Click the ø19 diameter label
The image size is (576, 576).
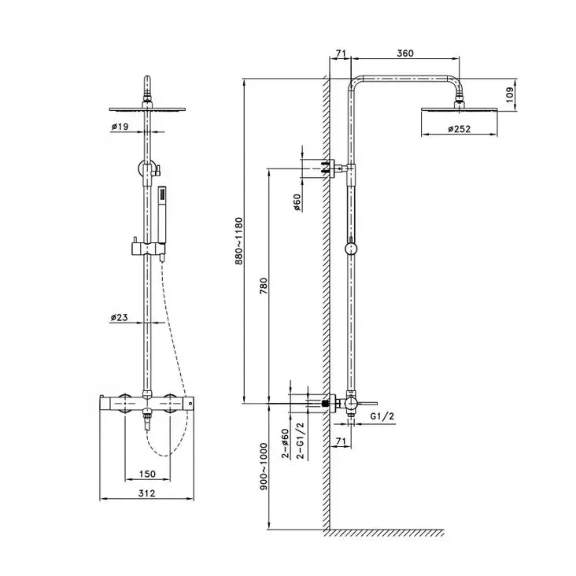click(x=120, y=126)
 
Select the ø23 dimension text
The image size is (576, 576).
click(x=120, y=318)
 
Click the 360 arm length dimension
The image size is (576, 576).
click(x=404, y=54)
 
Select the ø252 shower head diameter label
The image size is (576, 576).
click(x=459, y=129)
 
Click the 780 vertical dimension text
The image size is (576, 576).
click(x=264, y=286)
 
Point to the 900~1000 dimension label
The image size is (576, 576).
click(x=264, y=466)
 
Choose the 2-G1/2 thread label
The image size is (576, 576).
click(x=301, y=443)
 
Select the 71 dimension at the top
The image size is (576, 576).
click(x=340, y=54)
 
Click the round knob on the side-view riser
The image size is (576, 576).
click(x=352, y=249)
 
